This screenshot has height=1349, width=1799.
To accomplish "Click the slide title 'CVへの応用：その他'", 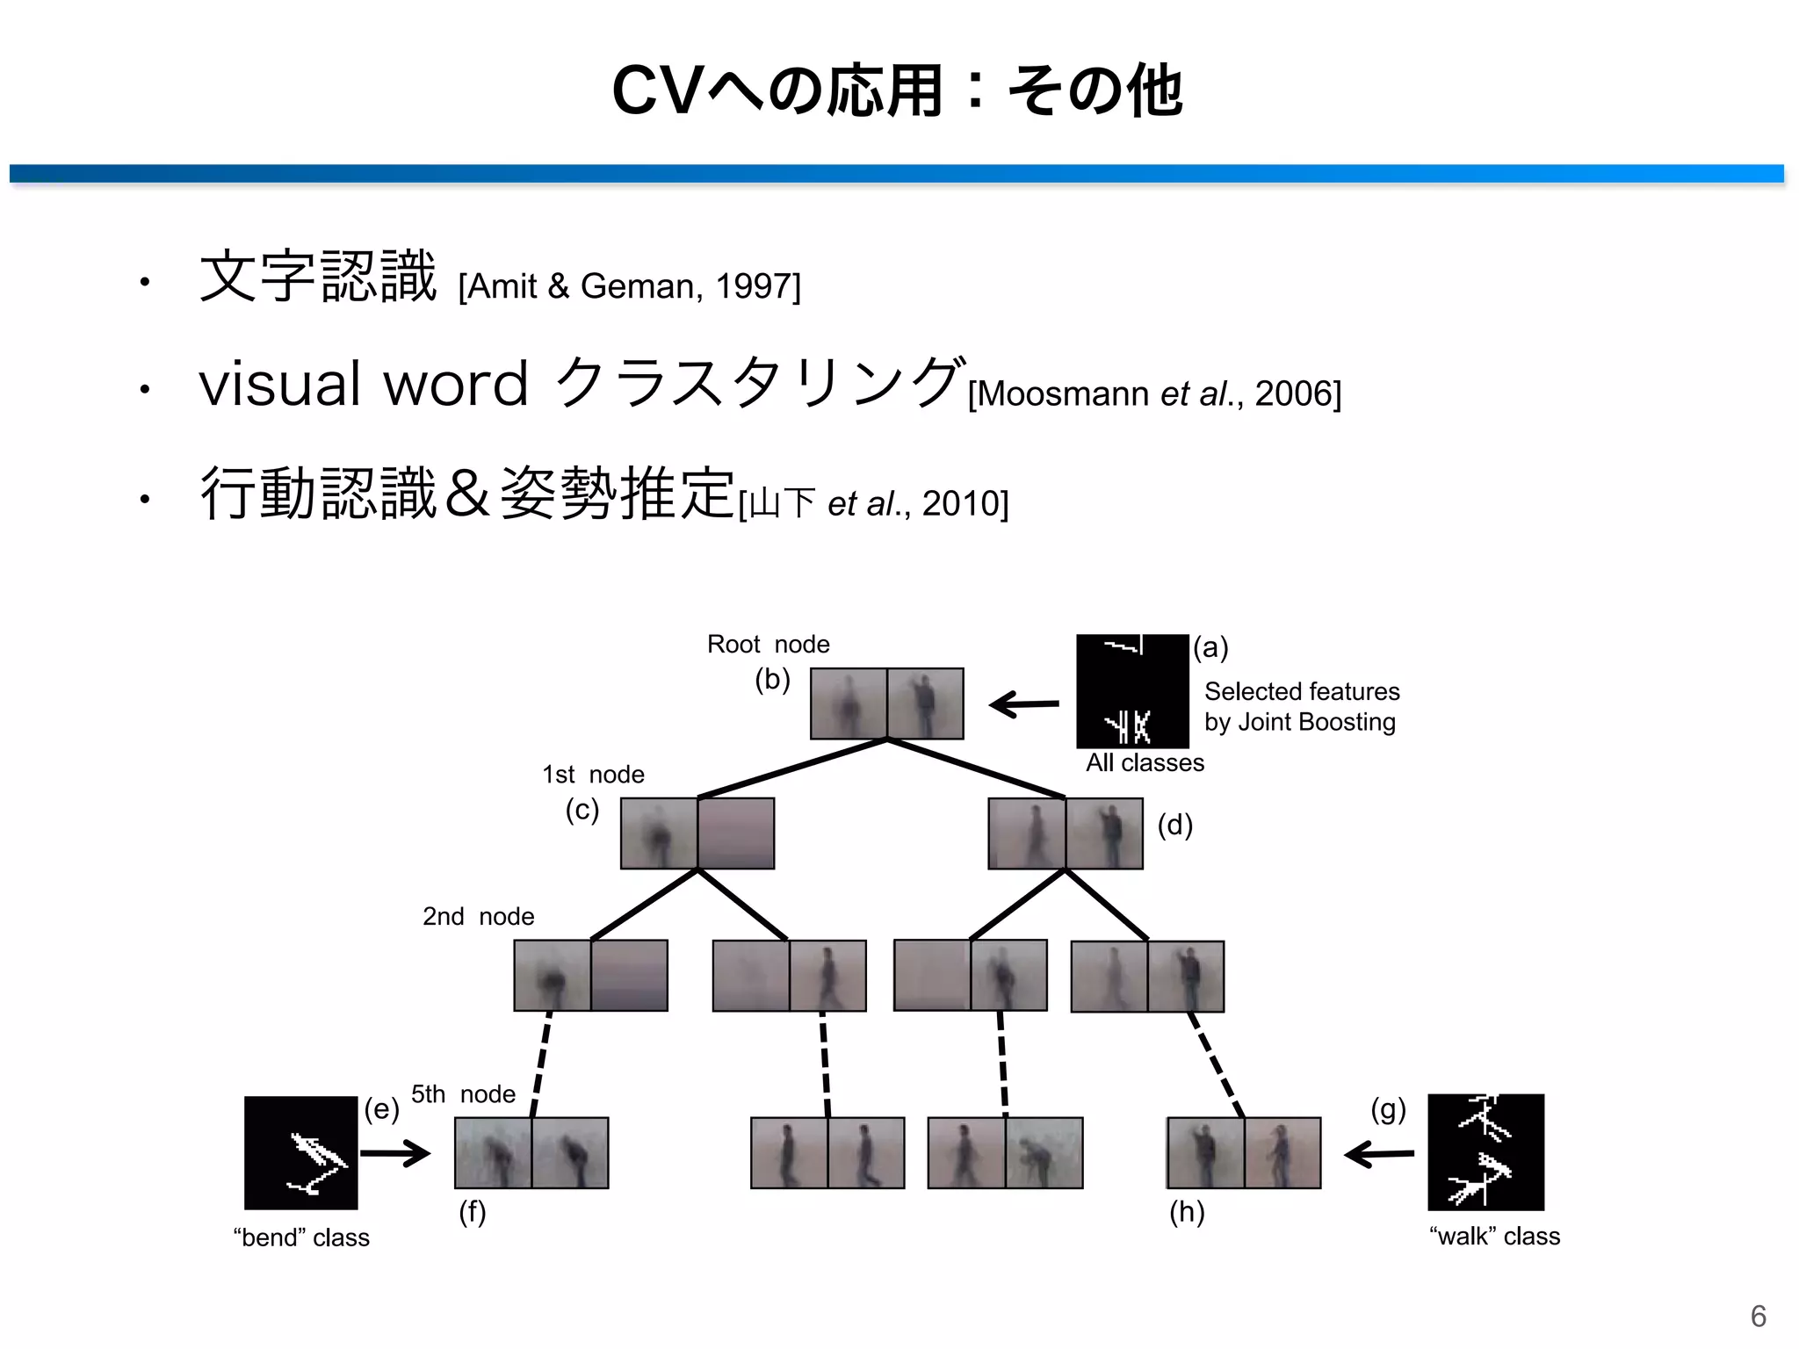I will [898, 90].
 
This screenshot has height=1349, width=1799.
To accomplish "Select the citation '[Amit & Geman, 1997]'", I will [629, 286].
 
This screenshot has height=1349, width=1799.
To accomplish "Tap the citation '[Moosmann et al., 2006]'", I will [1153, 393].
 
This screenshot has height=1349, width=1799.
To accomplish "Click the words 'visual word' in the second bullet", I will [364, 385].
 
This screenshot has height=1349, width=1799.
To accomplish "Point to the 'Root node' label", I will [768, 645].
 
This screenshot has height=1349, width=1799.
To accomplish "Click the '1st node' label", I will [593, 775].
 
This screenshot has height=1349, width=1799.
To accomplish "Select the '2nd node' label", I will [478, 917].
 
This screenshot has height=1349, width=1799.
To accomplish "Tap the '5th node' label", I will [463, 1094].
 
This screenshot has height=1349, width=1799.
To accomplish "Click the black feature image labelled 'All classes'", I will [1131, 691].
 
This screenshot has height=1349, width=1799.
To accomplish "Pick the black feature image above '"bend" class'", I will [300, 1153].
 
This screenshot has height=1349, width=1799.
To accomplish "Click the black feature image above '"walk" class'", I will [1485, 1152].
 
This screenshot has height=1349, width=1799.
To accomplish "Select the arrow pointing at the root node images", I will [1023, 704].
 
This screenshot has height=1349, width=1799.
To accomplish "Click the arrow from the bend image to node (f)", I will [395, 1153].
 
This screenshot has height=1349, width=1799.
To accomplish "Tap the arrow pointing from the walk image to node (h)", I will [1379, 1154].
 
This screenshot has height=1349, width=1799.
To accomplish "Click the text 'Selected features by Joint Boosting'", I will [1301, 707].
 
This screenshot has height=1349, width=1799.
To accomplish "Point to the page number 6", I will [1758, 1316].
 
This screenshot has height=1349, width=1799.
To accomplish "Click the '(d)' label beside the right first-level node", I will [1174, 826].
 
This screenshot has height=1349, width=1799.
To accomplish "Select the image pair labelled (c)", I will [697, 833].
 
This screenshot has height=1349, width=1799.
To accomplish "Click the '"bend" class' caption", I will [301, 1237].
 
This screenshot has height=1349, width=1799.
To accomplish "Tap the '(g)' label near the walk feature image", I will [1388, 1110].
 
